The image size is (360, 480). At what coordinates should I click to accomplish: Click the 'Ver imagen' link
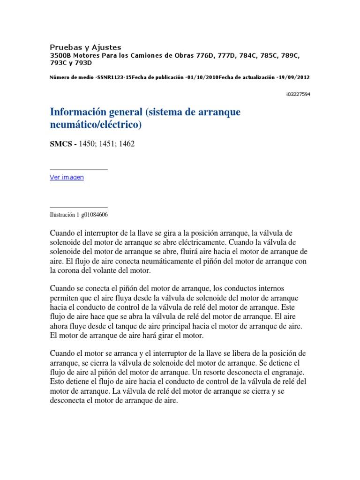[x=67, y=177]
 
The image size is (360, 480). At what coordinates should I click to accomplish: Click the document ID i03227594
[x=298, y=94]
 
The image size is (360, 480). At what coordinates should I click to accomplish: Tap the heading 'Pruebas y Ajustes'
[x=85, y=47]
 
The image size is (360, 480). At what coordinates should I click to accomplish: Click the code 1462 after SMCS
[x=126, y=144]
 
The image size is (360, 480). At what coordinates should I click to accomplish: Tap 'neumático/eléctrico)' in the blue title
[x=95, y=125]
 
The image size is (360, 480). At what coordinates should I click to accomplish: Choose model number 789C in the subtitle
[x=290, y=55]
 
